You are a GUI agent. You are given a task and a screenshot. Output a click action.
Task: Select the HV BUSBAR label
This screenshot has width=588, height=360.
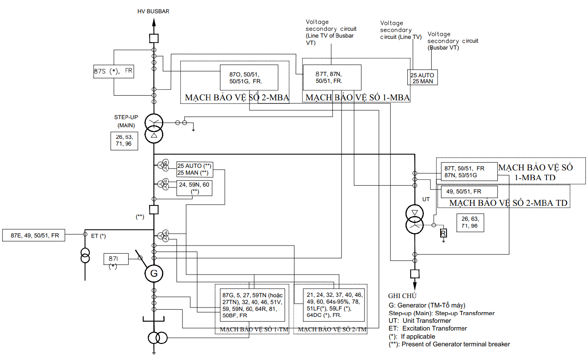coord(153,11)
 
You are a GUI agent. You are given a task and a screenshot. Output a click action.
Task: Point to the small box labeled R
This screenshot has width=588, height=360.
coord(444,233)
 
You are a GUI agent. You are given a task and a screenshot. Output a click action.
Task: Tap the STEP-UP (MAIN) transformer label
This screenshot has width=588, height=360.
coord(126,121)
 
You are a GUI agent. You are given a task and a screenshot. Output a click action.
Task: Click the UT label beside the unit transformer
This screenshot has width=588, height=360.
coord(426,199)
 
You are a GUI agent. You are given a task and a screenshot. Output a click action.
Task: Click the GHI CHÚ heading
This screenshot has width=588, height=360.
coord(402,296)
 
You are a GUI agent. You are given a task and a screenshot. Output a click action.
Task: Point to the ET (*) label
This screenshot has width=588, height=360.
coord(98,236)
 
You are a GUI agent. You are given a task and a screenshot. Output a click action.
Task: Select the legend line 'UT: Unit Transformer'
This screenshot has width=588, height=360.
coord(420,321)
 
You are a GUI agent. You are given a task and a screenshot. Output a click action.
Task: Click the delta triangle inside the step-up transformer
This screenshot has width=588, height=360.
coord(154,135)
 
